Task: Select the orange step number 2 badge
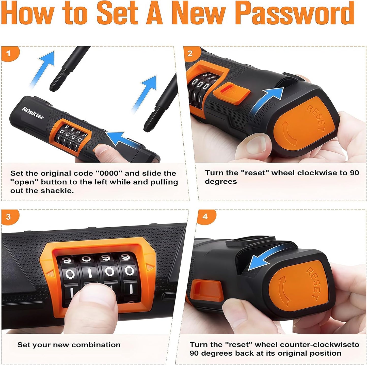(191, 54)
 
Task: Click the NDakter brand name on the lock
(33, 113)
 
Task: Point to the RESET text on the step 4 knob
(314, 283)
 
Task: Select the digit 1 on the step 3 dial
(90, 272)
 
